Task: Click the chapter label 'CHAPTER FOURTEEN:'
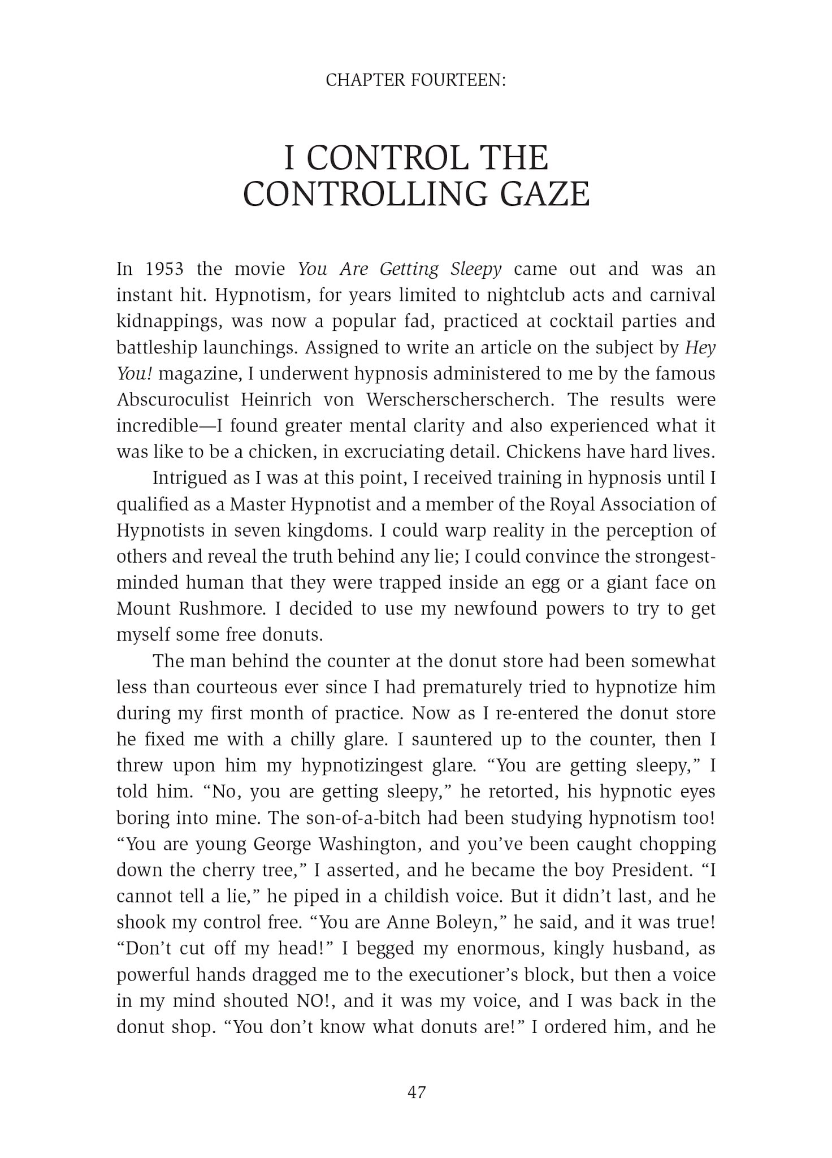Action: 415,81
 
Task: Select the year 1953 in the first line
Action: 164,269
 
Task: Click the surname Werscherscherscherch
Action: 461,400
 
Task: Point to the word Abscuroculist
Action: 173,400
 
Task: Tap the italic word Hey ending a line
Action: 700,347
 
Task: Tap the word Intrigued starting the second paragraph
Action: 189,478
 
